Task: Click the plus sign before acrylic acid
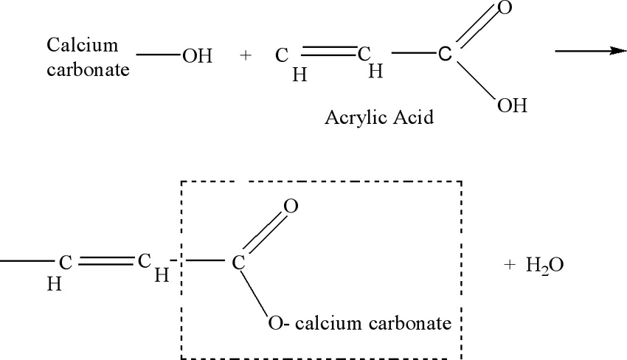click(246, 56)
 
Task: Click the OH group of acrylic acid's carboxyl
click(511, 105)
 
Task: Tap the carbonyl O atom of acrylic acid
click(505, 9)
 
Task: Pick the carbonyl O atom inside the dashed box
click(291, 207)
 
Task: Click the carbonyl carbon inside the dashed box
click(238, 262)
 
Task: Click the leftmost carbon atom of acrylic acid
click(282, 56)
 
